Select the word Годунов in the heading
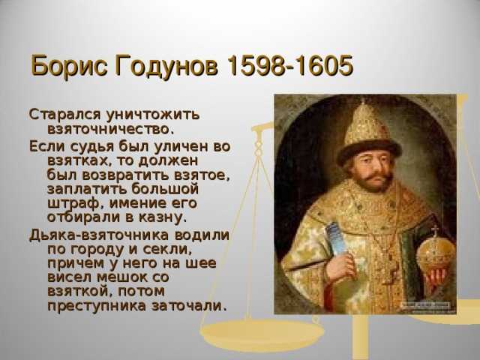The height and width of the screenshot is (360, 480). (166, 66)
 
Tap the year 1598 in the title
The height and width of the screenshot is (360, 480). (256, 65)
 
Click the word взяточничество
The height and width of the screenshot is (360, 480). (111, 129)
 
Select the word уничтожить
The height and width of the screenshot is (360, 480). (153, 115)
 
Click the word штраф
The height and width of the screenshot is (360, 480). (76, 204)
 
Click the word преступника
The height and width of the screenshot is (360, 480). (97, 306)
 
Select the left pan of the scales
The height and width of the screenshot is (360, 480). (262, 334)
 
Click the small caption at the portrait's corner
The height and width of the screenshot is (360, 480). (426, 306)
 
